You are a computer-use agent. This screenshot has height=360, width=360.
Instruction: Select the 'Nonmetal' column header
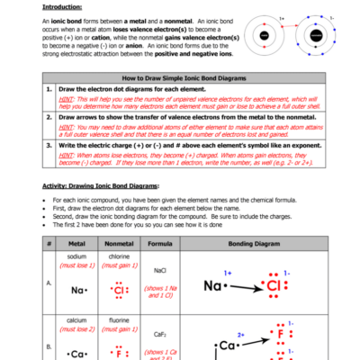point(120,244)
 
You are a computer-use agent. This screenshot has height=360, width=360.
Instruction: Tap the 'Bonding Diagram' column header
point(256,244)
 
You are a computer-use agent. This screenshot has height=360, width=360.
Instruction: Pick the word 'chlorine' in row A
point(120,256)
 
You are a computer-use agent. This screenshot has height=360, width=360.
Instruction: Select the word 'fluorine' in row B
point(120,319)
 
